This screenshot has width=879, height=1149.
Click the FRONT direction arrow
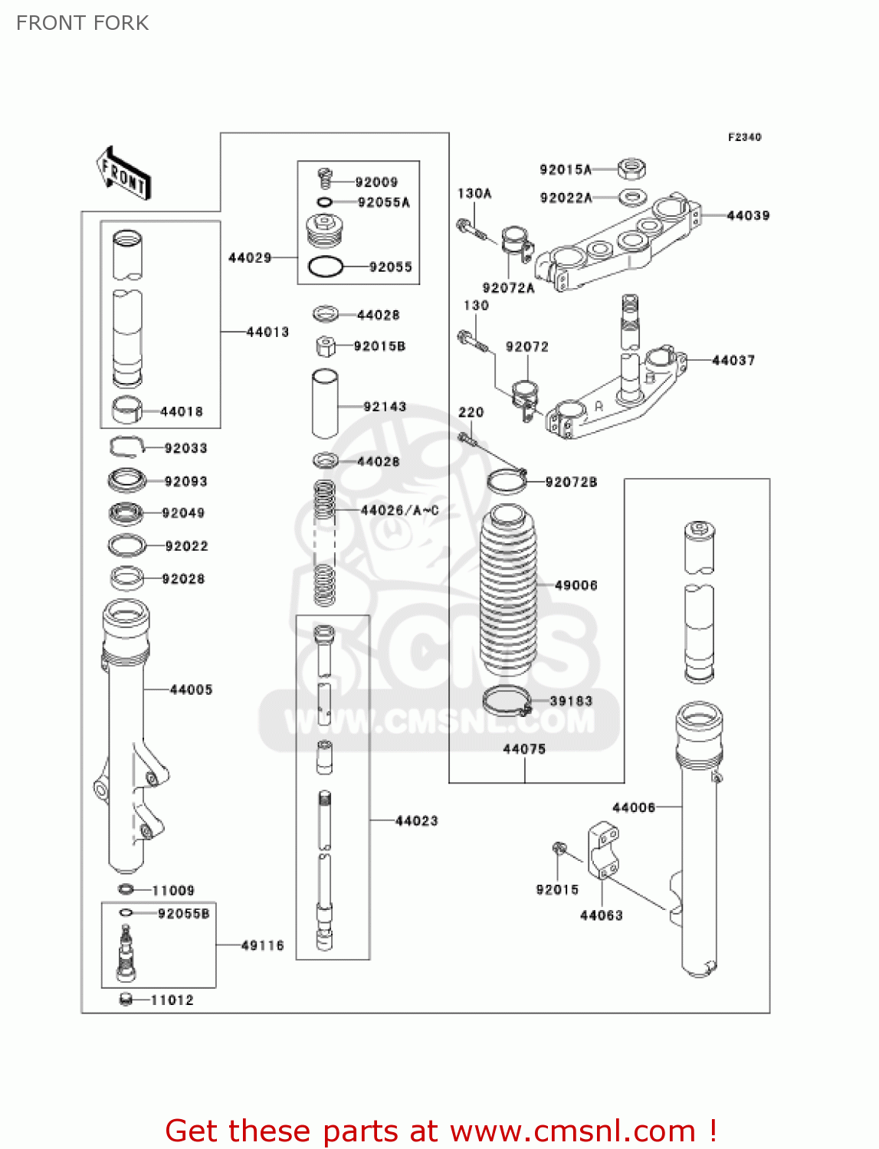tap(123, 174)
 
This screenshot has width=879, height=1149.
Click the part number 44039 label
tap(747, 216)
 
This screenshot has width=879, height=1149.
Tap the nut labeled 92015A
tap(632, 168)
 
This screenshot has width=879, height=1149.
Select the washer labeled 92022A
tap(631, 198)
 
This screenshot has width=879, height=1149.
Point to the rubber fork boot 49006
tap(508, 590)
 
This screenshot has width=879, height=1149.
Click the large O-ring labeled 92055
tap(325, 267)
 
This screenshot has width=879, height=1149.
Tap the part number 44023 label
tap(416, 821)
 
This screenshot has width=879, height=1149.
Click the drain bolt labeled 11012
tap(126, 1000)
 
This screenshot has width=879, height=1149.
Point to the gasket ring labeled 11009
tap(126, 889)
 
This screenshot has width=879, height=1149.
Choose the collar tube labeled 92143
tap(325, 404)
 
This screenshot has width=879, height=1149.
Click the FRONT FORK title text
tap(83, 23)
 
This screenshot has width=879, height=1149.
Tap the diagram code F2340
tap(744, 137)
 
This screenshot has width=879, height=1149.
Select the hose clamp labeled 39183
tap(507, 700)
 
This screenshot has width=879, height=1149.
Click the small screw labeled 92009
tap(324, 179)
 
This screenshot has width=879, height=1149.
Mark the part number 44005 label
tap(191, 690)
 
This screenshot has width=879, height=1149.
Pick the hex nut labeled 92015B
tap(326, 346)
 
